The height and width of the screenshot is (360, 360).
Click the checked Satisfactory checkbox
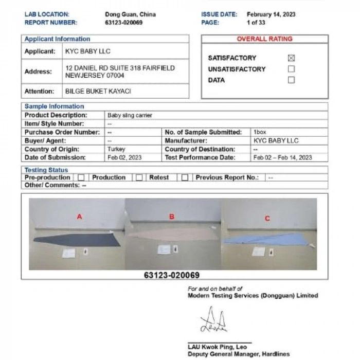[291, 58]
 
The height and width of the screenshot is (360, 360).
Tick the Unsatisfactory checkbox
[291, 69]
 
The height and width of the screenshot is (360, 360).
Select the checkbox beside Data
[291, 80]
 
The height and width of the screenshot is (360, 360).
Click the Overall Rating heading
[264, 39]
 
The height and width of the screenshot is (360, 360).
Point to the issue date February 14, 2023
[271, 14]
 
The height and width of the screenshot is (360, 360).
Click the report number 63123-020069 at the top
[123, 23]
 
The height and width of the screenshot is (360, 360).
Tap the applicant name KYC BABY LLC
[88, 51]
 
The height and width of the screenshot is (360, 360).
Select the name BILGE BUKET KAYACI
[98, 91]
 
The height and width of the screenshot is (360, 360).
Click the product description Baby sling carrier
[130, 116]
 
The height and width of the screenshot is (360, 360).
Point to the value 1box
[260, 132]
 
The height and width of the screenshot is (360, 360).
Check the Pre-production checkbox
[81, 177]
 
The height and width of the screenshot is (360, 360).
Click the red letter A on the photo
[79, 217]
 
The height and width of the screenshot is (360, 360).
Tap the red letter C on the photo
[267, 219]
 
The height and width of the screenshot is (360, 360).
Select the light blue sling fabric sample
[267, 238]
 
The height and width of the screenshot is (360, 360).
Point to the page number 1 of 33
[256, 23]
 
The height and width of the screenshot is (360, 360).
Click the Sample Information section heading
[55, 107]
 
